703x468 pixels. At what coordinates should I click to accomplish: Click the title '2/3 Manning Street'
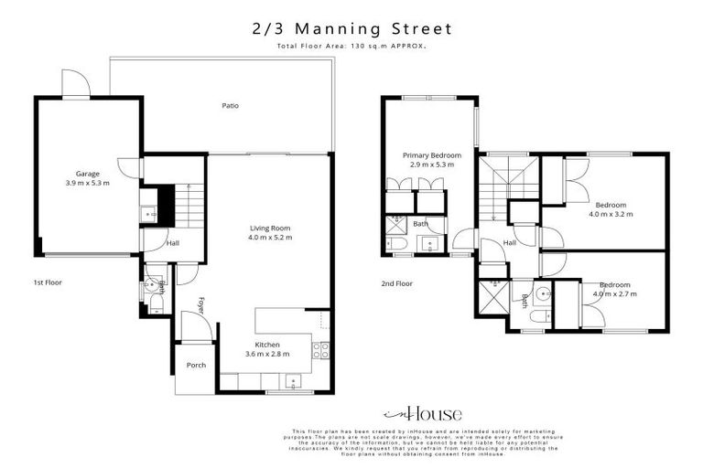tap(351, 29)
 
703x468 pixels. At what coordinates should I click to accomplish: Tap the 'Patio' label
tap(231, 105)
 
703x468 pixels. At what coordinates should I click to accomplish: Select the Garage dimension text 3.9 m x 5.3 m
tap(87, 183)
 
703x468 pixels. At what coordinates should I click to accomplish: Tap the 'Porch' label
tap(196, 365)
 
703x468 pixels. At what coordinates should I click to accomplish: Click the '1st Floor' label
tap(47, 283)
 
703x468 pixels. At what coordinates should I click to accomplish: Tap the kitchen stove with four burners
tap(320, 347)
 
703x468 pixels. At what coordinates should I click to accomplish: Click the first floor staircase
tap(188, 207)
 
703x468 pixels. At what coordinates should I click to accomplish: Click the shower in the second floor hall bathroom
tap(484, 297)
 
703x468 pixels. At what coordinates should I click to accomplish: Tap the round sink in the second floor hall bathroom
tap(544, 293)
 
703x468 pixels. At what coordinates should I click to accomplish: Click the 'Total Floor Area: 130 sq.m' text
tap(351, 46)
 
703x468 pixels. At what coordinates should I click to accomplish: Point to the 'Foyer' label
tap(200, 303)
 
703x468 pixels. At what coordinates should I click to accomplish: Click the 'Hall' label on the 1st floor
tap(172, 244)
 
